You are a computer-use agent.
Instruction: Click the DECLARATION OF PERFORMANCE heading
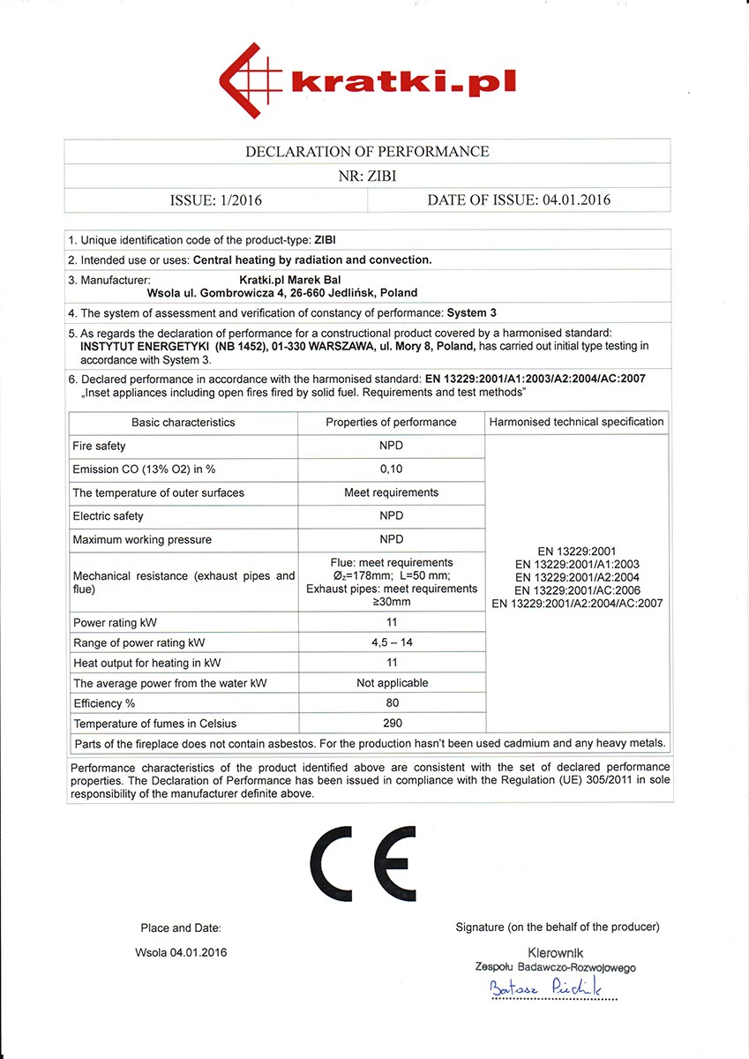coord(367,152)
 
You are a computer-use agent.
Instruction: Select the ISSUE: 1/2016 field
coord(215,199)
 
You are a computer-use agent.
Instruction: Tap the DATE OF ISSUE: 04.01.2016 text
coord(519,199)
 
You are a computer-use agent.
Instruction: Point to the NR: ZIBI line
coord(367,176)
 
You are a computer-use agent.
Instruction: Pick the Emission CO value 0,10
coord(391,469)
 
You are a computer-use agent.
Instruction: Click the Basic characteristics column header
coord(184,422)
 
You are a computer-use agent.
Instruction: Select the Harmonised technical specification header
coord(577,422)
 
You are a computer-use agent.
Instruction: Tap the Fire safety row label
coord(100,446)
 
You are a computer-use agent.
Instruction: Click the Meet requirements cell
coord(391,492)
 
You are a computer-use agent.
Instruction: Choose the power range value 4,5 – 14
coord(392,642)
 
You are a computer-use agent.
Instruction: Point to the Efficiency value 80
coord(392,703)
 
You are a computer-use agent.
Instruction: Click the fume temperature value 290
coord(392,724)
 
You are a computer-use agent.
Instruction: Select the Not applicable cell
coord(392,683)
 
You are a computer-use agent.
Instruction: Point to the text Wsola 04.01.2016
coord(182,952)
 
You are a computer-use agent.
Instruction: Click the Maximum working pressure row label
coord(142,539)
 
